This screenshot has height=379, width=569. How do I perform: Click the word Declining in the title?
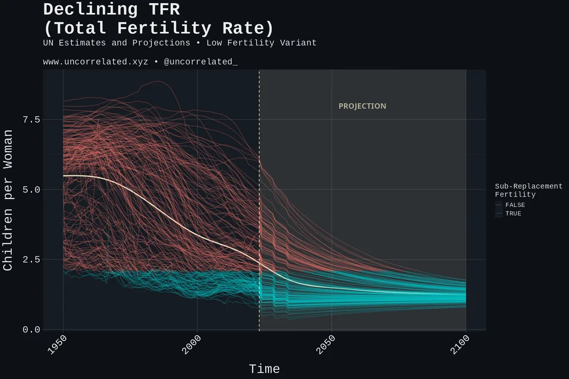pos(90,10)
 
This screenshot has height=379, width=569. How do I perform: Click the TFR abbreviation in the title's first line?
pos(164,9)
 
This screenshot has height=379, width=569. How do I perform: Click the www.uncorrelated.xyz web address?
pos(95,62)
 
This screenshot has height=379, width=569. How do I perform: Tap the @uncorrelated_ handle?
pos(201,62)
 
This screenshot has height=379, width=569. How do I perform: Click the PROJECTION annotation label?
pos(362,106)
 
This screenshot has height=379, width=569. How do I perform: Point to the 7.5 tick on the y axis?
pos(31,120)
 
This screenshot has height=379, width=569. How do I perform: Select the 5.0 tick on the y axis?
pos(31,189)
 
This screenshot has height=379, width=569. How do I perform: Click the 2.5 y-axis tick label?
pos(31,260)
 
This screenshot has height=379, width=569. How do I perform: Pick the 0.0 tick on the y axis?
pos(31,330)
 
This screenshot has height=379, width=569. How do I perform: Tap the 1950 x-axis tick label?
pos(57,345)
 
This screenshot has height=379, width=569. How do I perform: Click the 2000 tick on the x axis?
pos(191,345)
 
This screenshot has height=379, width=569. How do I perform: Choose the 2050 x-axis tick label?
pos(325,345)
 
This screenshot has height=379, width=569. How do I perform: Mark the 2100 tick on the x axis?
pos(460,345)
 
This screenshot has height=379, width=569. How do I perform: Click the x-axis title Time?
pos(264,369)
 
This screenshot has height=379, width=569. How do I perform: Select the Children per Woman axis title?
pos(8,200)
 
